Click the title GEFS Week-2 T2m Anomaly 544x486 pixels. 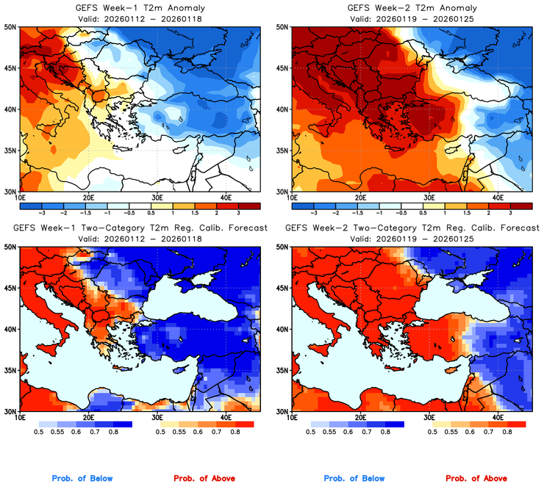pyautogui.click(x=411, y=8)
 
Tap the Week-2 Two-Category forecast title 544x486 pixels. pyautogui.click(x=411, y=229)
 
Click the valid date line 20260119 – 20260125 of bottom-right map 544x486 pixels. pyautogui.click(x=411, y=239)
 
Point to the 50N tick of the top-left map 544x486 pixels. pyautogui.click(x=10, y=27)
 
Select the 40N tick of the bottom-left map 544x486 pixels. pyautogui.click(x=10, y=330)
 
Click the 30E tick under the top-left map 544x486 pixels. pyautogui.click(x=157, y=197)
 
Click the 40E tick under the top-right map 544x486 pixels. pyautogui.click(x=498, y=197)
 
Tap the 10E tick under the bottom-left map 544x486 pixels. pyautogui.click(x=20, y=418)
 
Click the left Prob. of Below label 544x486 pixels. pyautogui.click(x=82, y=479)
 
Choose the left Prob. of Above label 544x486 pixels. pyautogui.click(x=204, y=479)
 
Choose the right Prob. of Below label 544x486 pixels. pyautogui.click(x=354, y=479)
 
